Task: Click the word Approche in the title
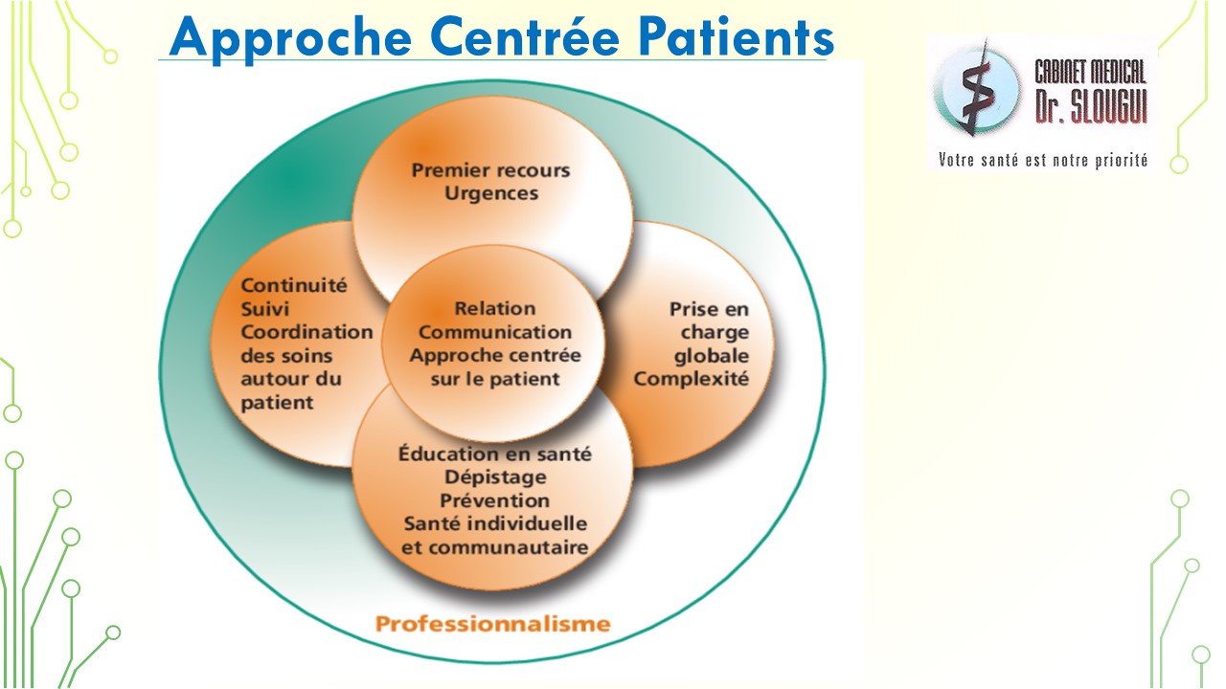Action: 290,39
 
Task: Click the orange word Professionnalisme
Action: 492,623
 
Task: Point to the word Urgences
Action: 491,193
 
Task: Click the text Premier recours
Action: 490,170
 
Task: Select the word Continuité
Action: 294,285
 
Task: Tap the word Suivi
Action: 265,309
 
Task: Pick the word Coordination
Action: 306,332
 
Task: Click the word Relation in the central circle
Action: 495,308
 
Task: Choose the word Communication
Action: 495,332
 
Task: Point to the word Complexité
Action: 691,379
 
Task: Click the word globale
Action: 712,356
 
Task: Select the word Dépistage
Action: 495,478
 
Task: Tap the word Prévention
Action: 495,500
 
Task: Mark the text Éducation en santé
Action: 495,454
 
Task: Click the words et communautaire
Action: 495,547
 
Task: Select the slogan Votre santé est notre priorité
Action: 1043,160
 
